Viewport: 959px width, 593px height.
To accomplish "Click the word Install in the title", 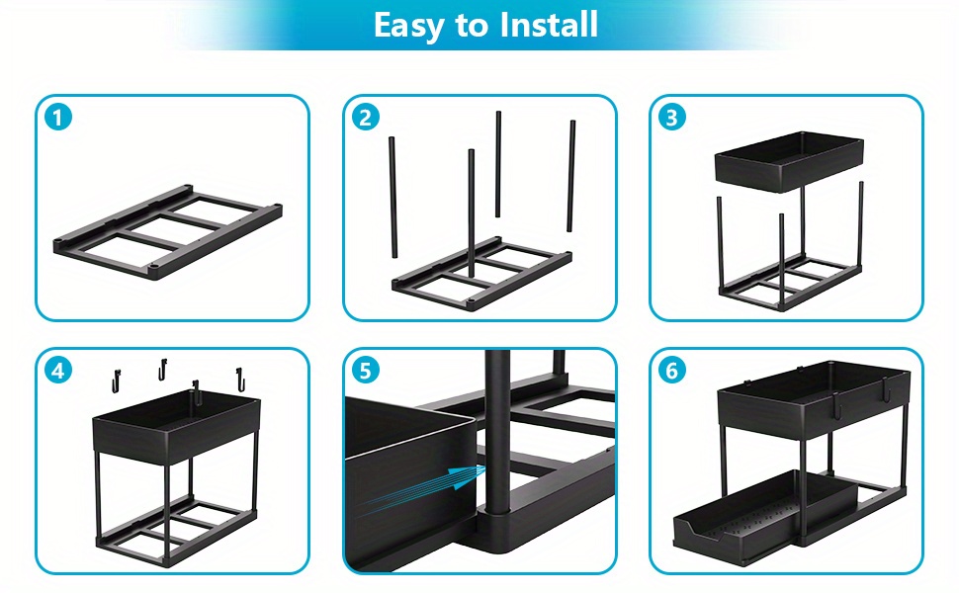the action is point(549,25).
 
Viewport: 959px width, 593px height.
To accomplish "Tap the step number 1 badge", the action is point(58,118).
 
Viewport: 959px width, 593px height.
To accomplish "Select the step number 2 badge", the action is point(366,118).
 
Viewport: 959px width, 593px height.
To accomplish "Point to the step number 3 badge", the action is point(672,118).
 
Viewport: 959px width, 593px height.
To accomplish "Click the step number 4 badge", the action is point(58,371).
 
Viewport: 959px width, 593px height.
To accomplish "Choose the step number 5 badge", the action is point(366,371).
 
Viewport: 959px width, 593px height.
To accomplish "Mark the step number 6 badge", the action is point(672,371).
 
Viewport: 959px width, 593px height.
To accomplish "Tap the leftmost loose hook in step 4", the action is point(117,381).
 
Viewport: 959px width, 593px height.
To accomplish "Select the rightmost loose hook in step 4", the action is point(241,380).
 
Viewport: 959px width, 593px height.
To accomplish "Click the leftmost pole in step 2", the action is point(392,197).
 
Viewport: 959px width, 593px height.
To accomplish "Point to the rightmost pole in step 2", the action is point(571,176).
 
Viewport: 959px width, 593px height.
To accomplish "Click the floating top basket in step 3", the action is point(789,161).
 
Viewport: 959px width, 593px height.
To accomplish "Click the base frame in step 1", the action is point(168,232).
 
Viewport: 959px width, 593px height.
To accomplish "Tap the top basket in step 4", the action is point(177,424).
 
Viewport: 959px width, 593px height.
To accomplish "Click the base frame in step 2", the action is point(481,274).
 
